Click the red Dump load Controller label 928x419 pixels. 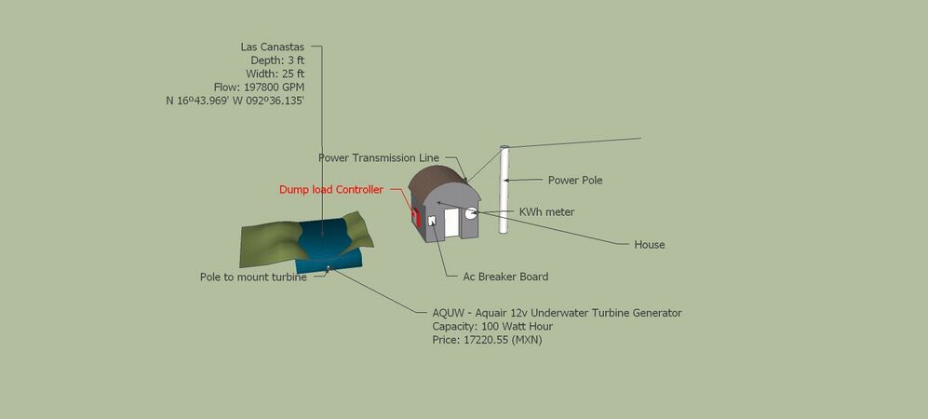330,190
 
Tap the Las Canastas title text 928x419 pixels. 272,47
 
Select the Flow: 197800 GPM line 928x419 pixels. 259,87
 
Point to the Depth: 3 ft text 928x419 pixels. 277,61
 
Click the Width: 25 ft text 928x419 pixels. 276,74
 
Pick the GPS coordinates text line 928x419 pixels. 235,101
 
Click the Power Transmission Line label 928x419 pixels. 379,158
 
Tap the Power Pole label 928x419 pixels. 575,181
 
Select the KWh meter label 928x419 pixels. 547,212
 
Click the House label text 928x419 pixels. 650,244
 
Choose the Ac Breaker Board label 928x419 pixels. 505,277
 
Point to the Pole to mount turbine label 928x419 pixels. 253,277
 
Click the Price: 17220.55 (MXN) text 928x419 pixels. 487,340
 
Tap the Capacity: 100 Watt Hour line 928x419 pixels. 492,327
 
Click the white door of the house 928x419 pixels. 452,223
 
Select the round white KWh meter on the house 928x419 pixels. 471,213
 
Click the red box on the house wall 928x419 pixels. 416,217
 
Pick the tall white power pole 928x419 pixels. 504,189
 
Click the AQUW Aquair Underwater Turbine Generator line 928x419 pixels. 557,313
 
